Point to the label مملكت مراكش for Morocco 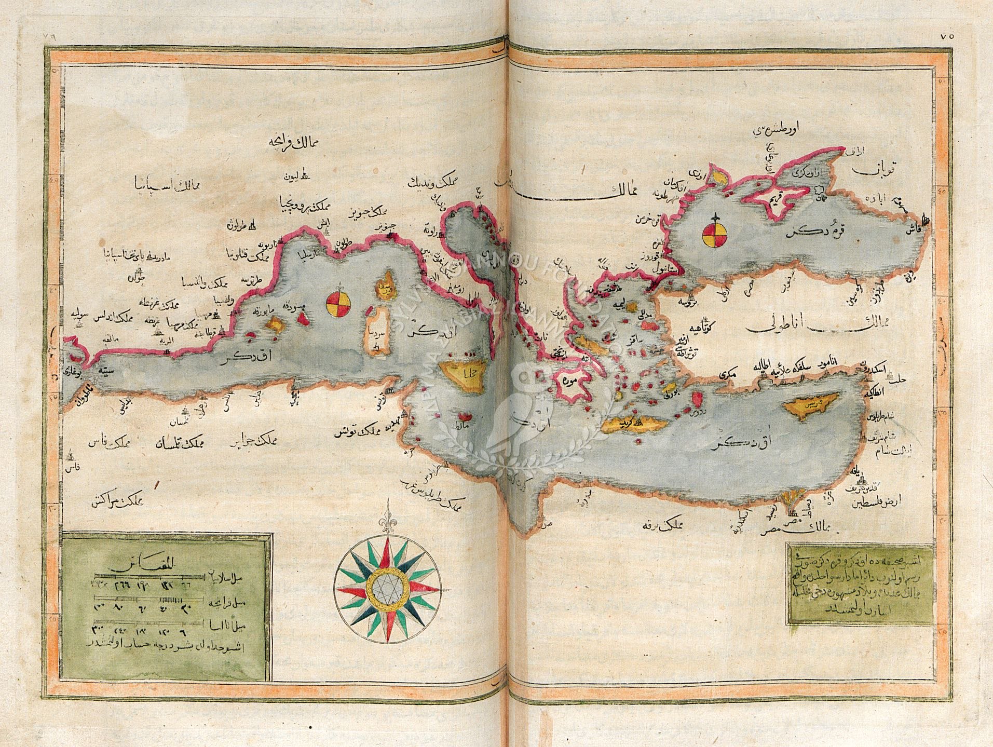pos(124,500)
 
